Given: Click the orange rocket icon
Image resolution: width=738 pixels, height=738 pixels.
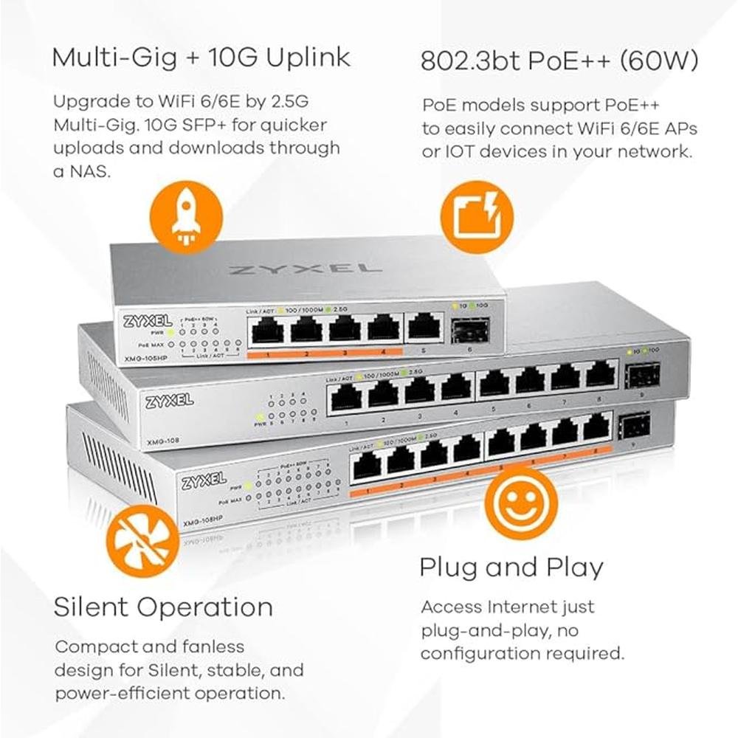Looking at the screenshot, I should click(186, 218).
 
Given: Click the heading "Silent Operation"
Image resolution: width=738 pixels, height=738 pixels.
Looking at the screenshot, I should click(163, 607).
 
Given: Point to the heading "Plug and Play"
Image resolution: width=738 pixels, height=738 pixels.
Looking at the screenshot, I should click(511, 568).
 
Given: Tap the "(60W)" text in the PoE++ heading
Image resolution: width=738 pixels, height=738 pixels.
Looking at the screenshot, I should click(658, 62).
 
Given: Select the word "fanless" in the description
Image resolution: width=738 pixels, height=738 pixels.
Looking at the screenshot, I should click(208, 646).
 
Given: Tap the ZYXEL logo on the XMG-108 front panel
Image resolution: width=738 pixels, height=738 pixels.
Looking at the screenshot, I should click(170, 401).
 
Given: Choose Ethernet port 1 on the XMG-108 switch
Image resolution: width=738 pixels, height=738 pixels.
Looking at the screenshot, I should click(345, 399).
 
